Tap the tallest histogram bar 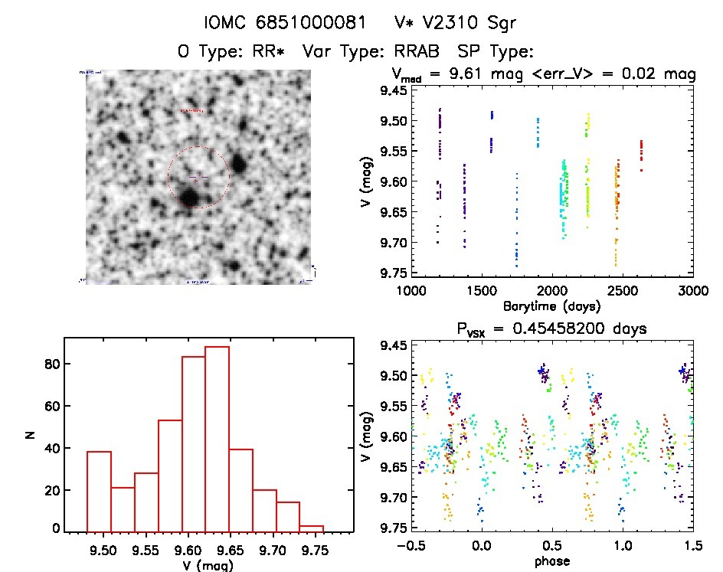pos(217,439)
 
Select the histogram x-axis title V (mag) pos(205,566)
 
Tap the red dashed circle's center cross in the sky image pos(198,178)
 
